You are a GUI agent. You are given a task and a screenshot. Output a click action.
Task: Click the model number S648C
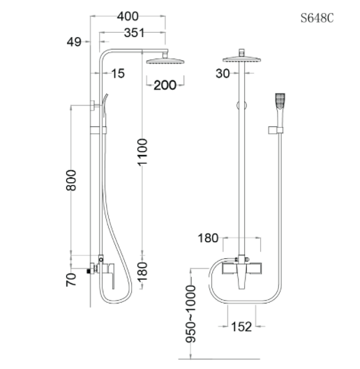point(317,19)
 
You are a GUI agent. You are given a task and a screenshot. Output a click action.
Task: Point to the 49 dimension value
point(74,43)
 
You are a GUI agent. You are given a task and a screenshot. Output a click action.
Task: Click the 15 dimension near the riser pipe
point(117,73)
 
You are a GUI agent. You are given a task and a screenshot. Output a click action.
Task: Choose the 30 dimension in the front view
point(221,73)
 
